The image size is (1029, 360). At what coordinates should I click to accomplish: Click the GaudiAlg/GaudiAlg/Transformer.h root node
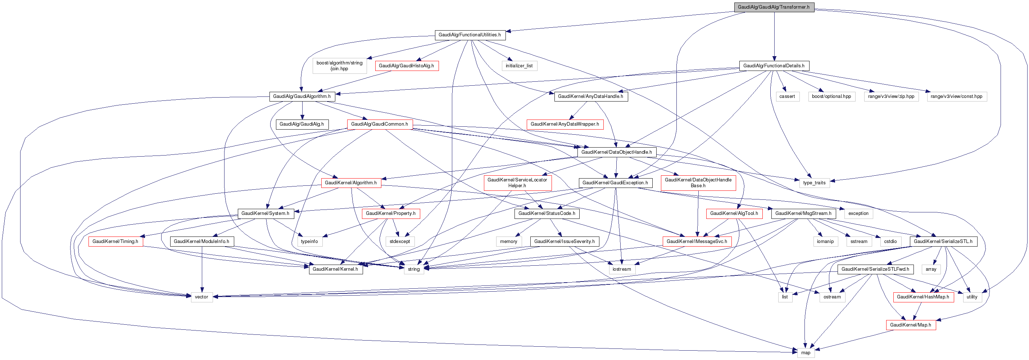[x=774, y=7]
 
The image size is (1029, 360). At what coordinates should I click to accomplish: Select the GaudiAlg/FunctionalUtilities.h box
[x=470, y=35]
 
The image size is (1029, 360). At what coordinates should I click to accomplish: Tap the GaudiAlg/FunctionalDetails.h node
[x=774, y=66]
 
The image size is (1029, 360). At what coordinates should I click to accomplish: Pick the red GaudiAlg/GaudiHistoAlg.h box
[x=406, y=66]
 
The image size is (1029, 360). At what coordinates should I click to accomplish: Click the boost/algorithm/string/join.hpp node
[x=340, y=66]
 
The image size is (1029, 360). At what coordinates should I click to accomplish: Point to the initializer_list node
[x=519, y=66]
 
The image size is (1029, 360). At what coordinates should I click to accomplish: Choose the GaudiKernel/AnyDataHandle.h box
[x=590, y=96]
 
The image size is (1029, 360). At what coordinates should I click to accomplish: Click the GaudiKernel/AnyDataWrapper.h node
[x=565, y=124]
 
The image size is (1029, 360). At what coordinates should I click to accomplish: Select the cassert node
[x=787, y=96]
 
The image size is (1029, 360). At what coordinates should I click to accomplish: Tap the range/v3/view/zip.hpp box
[x=891, y=96]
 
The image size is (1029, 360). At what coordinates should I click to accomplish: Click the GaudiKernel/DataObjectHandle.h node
[x=616, y=152]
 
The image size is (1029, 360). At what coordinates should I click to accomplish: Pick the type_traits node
[x=814, y=183]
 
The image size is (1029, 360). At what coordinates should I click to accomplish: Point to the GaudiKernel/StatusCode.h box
[x=547, y=214]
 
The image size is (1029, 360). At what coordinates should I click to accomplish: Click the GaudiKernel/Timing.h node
[x=115, y=242]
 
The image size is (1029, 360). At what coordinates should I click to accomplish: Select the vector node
[x=201, y=297]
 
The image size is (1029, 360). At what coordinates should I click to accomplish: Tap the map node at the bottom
[x=806, y=353]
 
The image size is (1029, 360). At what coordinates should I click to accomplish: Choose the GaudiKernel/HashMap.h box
[x=923, y=297]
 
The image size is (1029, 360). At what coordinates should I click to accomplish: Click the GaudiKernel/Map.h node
[x=910, y=325]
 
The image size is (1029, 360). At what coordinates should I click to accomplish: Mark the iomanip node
[x=825, y=242]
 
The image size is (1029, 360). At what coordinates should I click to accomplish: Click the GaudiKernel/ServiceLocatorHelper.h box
[x=517, y=183]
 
